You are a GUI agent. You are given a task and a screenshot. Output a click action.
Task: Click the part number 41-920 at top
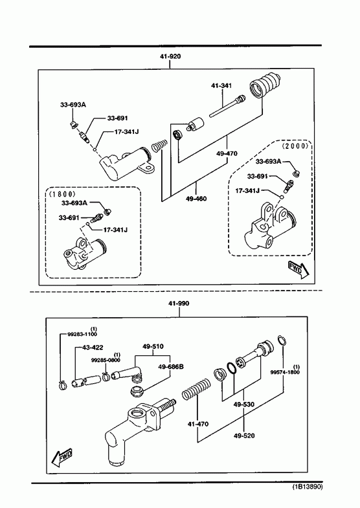pyautogui.click(x=170, y=56)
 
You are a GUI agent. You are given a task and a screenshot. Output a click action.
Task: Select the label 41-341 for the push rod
pyautogui.click(x=221, y=85)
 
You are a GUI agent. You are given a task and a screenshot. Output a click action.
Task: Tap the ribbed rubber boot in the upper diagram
pyautogui.click(x=265, y=85)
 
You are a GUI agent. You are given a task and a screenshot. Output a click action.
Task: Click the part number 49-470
pyautogui.click(x=227, y=153)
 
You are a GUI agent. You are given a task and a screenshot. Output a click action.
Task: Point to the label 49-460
pyautogui.click(x=196, y=198)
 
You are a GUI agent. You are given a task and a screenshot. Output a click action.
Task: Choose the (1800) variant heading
pyautogui.click(x=62, y=193)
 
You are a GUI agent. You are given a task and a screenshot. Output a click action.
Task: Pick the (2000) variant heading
pyautogui.click(x=295, y=146)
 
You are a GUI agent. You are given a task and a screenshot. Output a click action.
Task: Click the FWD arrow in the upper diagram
pyautogui.click(x=298, y=270)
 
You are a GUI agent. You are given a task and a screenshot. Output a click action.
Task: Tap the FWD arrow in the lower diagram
pyautogui.click(x=62, y=457)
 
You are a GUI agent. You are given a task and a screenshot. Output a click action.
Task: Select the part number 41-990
pyautogui.click(x=179, y=304)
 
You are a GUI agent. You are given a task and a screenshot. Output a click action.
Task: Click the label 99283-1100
pyautogui.click(x=82, y=334)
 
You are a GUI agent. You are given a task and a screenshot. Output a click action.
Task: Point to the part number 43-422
pyautogui.click(x=93, y=348)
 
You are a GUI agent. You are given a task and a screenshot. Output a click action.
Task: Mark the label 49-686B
pyautogui.click(x=171, y=366)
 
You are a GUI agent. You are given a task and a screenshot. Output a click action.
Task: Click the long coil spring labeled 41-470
pyautogui.click(x=196, y=388)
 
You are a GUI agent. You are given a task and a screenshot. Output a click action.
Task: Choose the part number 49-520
pyautogui.click(x=244, y=436)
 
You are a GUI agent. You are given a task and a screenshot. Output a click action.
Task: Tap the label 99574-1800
pyautogui.click(x=285, y=372)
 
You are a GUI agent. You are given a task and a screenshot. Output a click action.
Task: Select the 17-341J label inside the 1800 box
pyautogui.click(x=115, y=230)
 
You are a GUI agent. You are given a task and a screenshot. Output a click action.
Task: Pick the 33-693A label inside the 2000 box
pyautogui.click(x=268, y=161)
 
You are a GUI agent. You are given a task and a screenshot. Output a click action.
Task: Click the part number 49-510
pyautogui.click(x=153, y=346)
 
